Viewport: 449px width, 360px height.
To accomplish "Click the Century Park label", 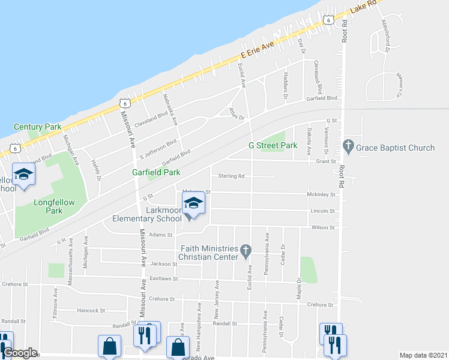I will tap(37, 127).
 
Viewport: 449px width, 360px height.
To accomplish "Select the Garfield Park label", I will tap(156, 172).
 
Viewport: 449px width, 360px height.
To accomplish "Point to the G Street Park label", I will tap(273, 146).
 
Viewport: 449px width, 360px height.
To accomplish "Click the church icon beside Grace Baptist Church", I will tap(348, 146).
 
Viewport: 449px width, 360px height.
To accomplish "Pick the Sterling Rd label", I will tap(231, 176).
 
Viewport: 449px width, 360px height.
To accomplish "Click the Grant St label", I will tap(325, 161).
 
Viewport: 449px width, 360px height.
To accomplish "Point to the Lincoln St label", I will tap(323, 211).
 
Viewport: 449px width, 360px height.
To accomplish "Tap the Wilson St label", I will tap(323, 228).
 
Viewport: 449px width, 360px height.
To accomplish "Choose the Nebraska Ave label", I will tap(170, 109).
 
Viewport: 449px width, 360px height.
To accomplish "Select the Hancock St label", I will tap(92, 311).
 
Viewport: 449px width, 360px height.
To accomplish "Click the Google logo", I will tap(20, 353).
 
